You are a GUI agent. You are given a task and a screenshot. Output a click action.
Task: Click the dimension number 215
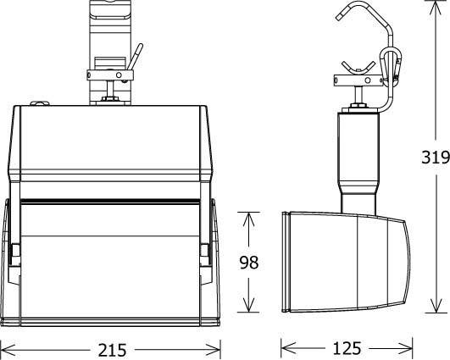111,348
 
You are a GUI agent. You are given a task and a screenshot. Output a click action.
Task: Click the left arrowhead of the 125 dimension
286,347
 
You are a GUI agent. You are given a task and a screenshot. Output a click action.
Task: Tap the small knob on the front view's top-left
36,103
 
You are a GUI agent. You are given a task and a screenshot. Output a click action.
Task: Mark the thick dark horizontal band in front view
110,202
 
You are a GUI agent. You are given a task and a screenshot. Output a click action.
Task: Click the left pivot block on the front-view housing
14,252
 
